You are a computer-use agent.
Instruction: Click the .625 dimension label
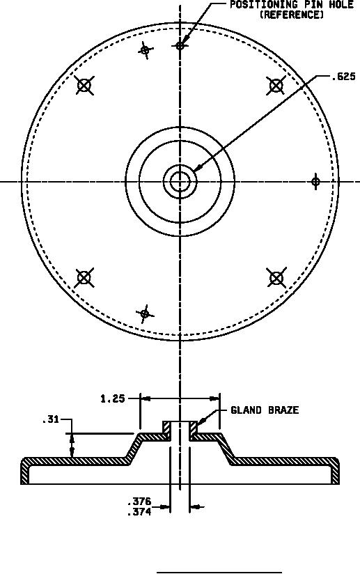coord(343,77)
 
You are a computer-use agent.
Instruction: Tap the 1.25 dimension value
coord(113,398)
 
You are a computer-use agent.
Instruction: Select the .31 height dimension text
coord(51,419)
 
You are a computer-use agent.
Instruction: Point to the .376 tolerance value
coord(139,501)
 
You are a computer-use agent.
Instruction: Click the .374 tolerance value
coord(139,512)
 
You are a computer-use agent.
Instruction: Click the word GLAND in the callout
coord(246,410)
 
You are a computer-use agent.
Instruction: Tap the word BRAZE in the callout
coord(283,410)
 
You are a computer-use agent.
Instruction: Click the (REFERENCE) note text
coord(292,15)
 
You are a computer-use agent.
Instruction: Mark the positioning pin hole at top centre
coord(180,46)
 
